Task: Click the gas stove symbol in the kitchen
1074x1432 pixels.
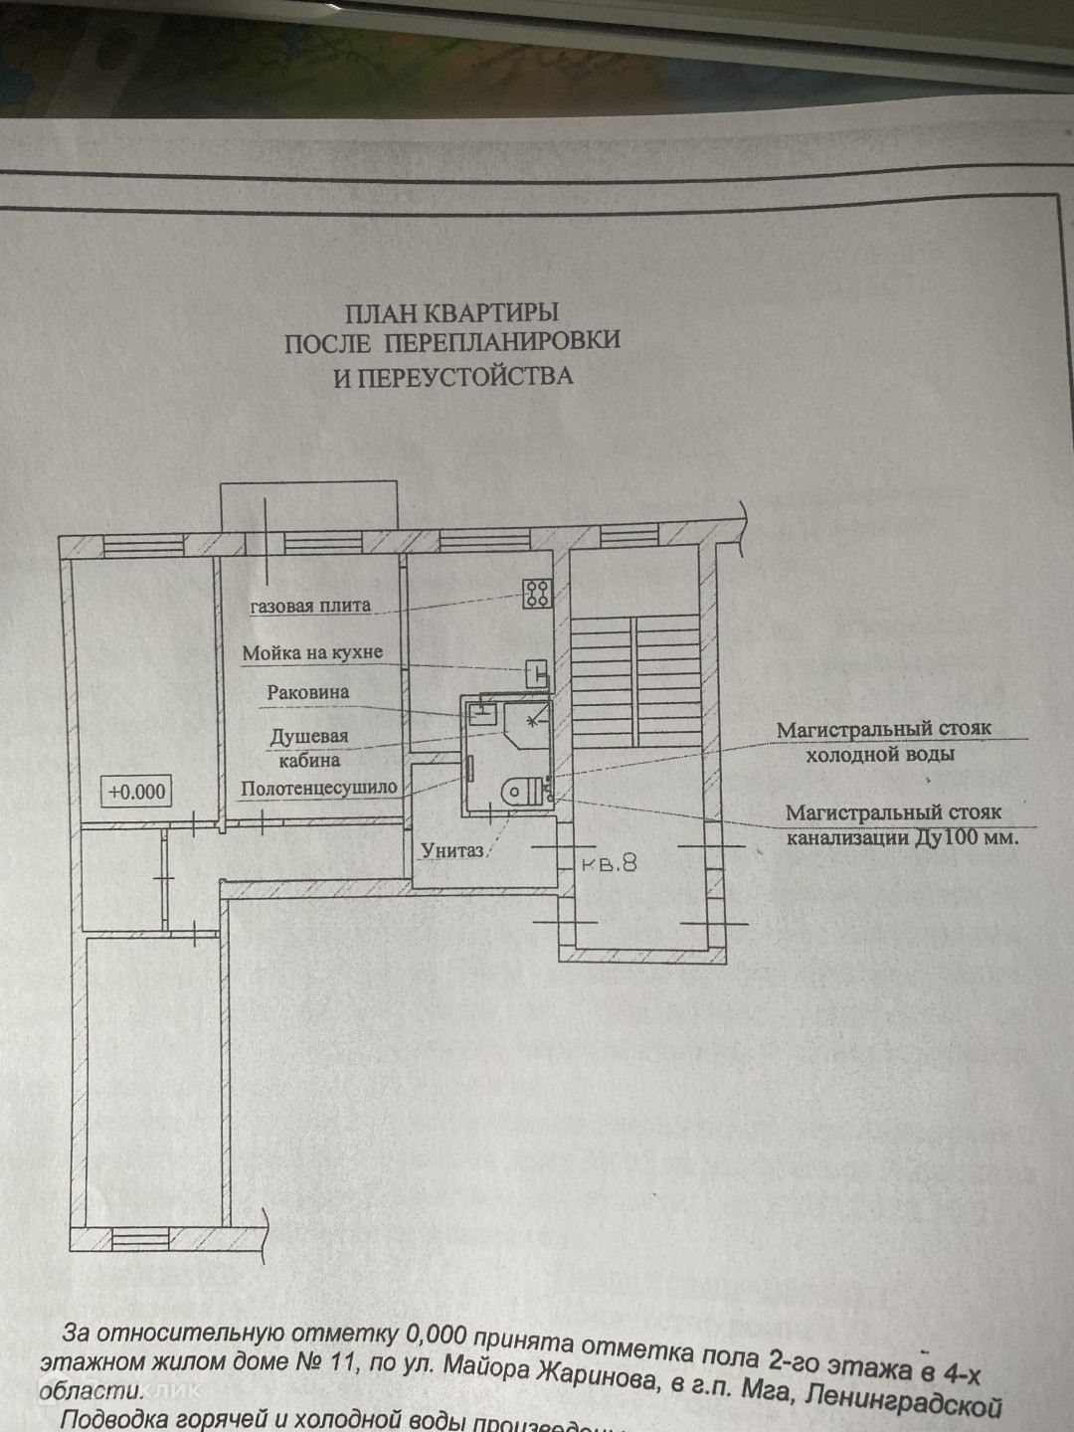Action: tap(538, 594)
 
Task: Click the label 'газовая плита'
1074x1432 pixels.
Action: tap(310, 606)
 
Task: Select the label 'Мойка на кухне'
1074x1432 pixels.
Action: tap(312, 653)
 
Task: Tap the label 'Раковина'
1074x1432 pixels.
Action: tap(308, 692)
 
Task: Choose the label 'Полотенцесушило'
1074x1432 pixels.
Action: tap(319, 788)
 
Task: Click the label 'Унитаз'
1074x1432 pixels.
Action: tap(451, 850)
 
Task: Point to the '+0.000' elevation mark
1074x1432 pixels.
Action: tap(137, 792)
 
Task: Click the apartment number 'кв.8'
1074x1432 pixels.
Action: tap(610, 863)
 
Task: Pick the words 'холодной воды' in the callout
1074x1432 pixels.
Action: tap(879, 754)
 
